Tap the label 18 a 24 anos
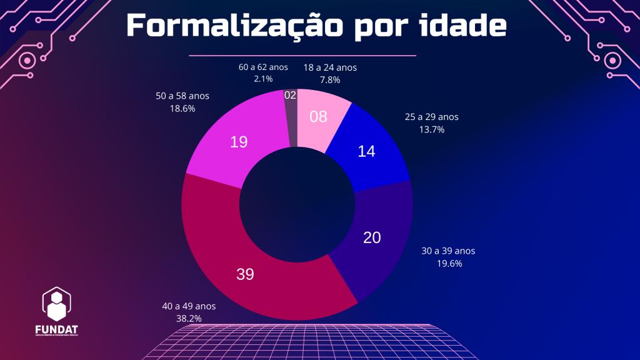330,68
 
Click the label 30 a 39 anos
448,251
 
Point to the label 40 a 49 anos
189,306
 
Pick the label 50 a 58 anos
182,96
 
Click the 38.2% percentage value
189,319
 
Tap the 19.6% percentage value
449,263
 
